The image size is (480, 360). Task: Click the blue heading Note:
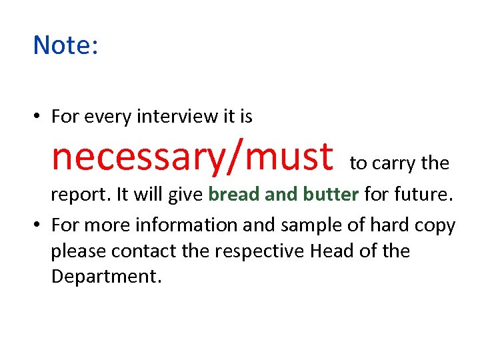click(x=65, y=45)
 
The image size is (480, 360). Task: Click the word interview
click(x=178, y=117)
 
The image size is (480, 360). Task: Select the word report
click(x=80, y=195)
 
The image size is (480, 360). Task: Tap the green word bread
click(x=234, y=194)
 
